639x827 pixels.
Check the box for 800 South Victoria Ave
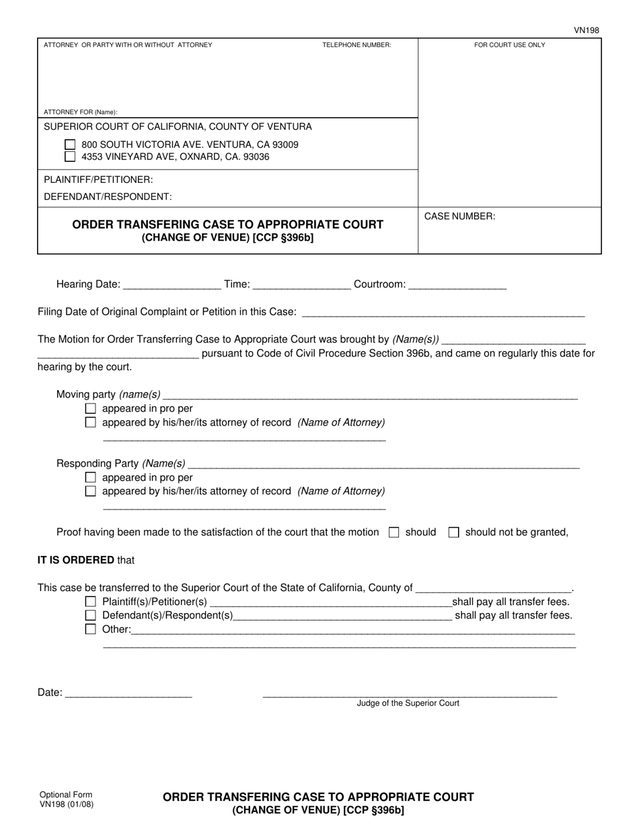point(70,145)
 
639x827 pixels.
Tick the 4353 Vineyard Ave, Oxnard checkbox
point(70,157)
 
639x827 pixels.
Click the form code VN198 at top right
point(586,30)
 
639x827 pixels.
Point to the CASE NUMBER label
point(459,216)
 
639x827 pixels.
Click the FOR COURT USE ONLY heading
point(509,45)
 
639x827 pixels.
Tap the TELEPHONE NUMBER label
point(356,45)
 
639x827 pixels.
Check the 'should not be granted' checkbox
point(454,533)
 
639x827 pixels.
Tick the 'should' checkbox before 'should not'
point(394,533)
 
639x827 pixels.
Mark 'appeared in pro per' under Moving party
point(91,409)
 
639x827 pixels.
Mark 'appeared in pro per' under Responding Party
point(91,477)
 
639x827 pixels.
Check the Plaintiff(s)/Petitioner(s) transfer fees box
point(91,602)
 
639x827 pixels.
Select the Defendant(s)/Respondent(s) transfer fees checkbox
point(91,615)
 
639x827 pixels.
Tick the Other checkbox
point(91,629)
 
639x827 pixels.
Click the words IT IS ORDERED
point(76,560)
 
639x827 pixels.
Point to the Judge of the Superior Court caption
point(408,703)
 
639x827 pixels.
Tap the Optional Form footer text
point(66,795)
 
